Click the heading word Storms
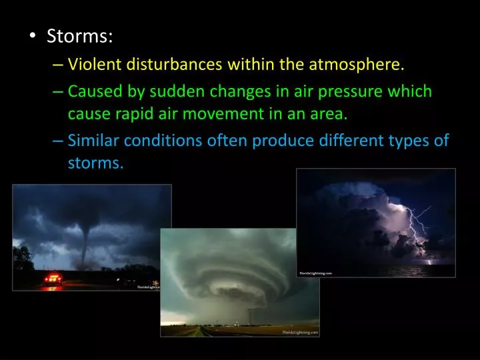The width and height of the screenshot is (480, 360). point(79,36)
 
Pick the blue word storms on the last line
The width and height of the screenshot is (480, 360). point(95,163)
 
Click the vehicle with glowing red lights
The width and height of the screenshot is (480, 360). point(53,279)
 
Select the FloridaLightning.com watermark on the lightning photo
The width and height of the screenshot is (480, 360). point(316,273)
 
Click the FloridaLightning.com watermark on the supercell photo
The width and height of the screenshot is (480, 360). point(300,331)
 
